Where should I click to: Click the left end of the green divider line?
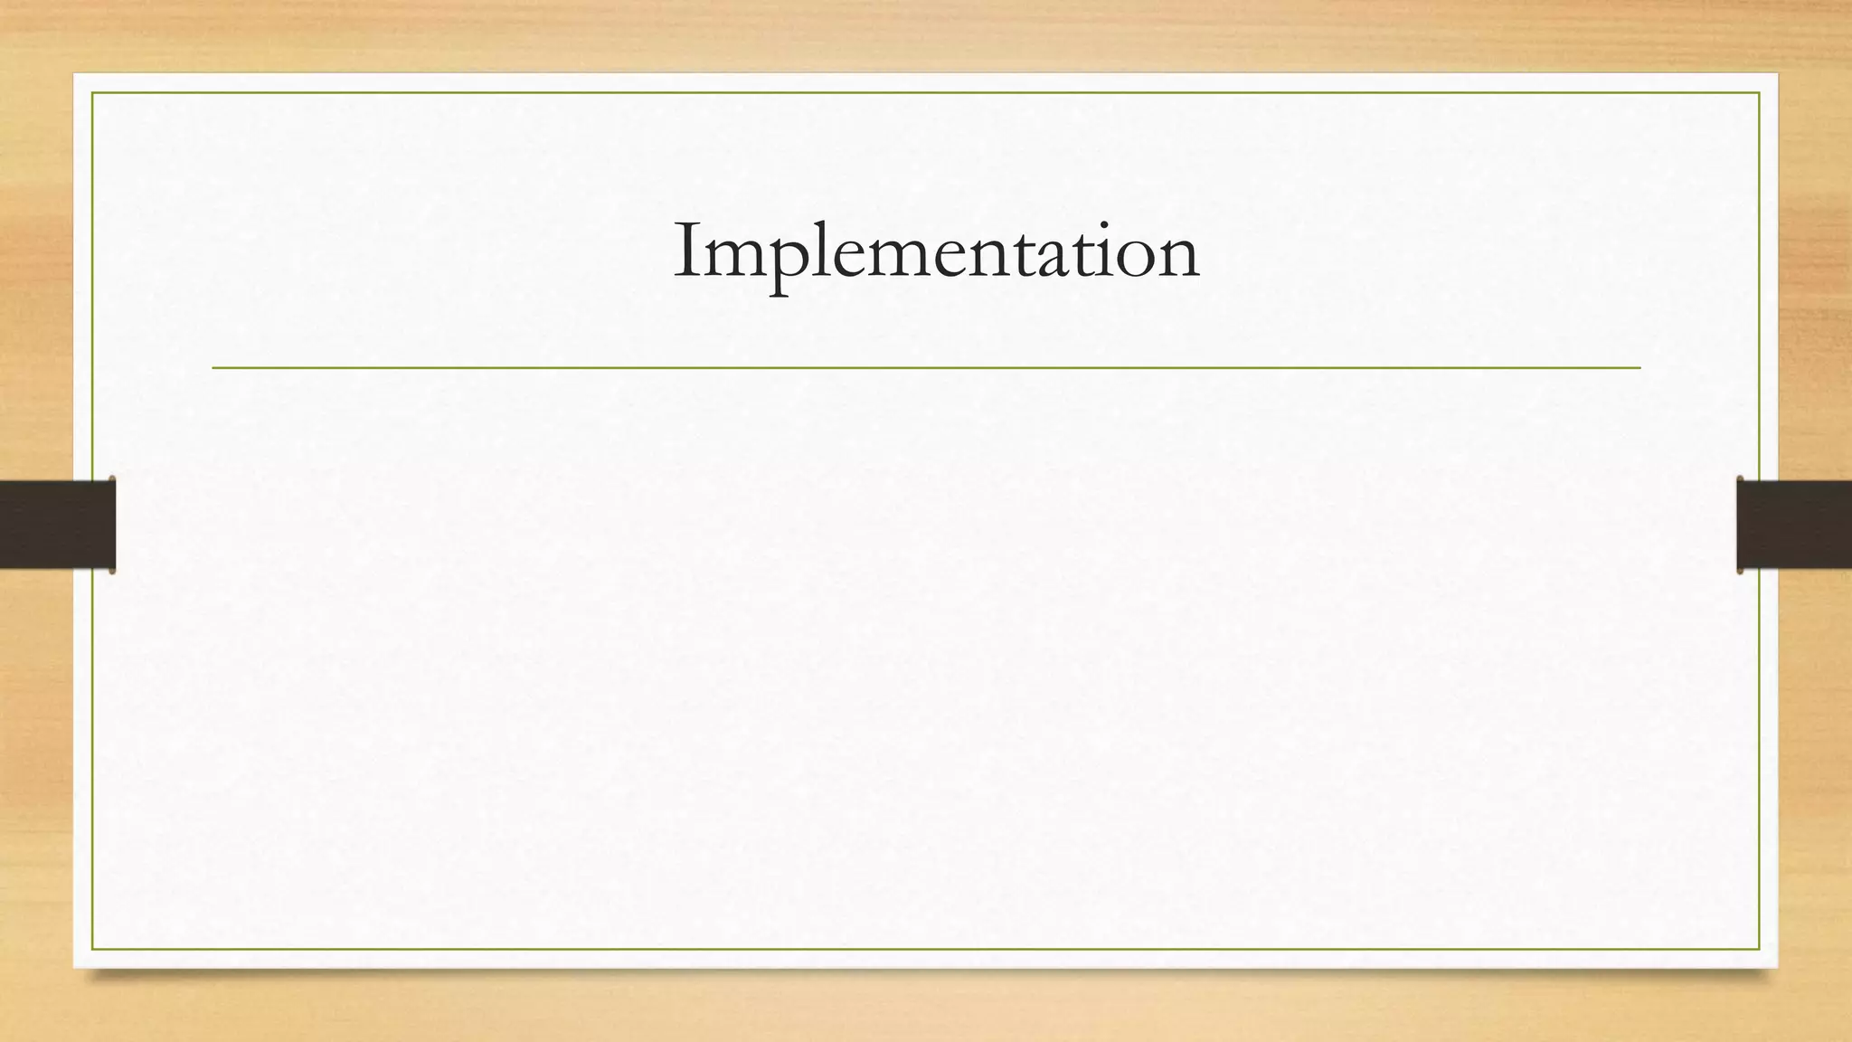(214, 368)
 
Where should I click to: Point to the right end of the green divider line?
(1639, 368)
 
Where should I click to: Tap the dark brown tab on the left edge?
(57, 525)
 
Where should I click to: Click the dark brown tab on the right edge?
(1794, 525)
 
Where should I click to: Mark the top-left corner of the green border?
(92, 93)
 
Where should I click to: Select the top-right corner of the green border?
(1759, 93)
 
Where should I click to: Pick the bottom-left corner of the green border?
(92, 949)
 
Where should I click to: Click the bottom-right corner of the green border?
(1759, 949)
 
